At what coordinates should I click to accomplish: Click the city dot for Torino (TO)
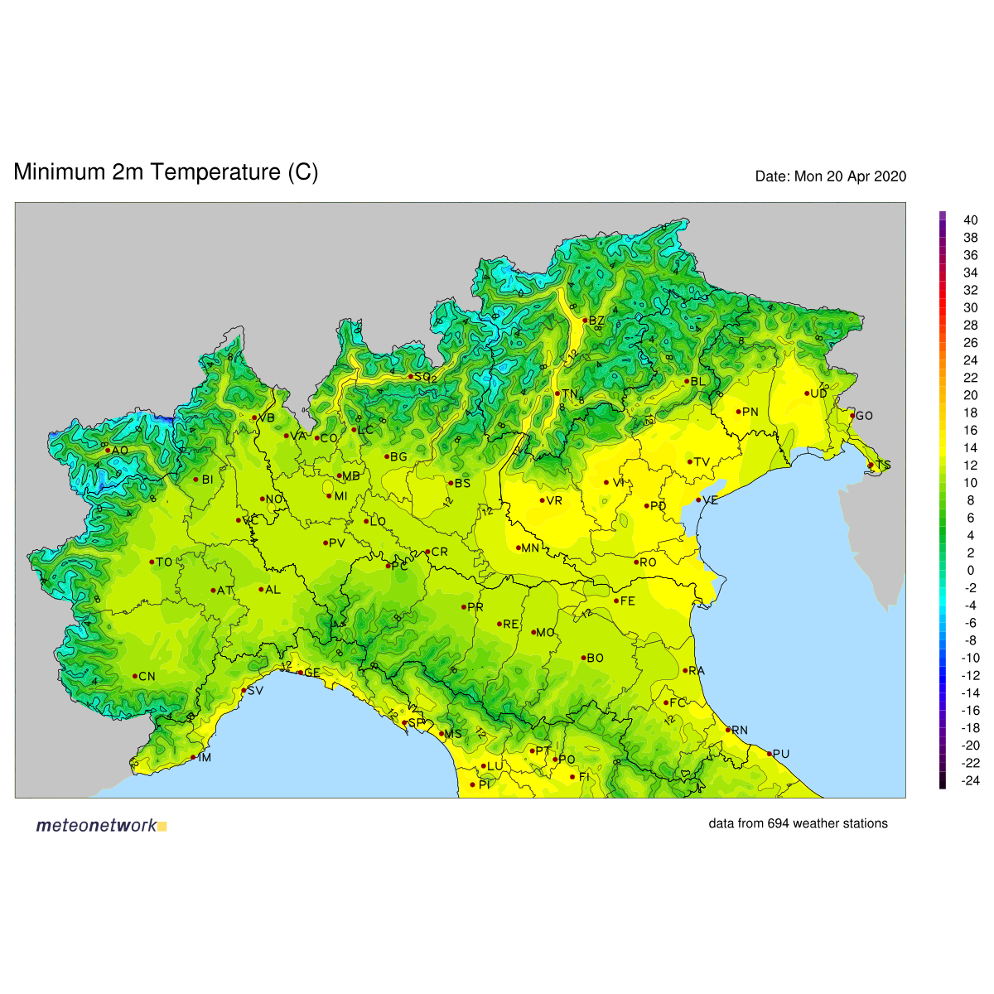tap(152, 562)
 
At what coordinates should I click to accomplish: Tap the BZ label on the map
tap(596, 321)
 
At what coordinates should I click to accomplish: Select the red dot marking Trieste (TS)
tap(870, 466)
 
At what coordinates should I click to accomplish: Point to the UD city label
tap(818, 393)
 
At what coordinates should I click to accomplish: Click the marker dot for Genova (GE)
tap(300, 673)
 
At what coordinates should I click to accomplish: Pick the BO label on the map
tap(595, 659)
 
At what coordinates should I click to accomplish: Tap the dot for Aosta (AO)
tap(108, 451)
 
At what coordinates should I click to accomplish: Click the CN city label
tap(147, 677)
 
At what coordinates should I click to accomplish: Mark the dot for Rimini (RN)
tap(728, 730)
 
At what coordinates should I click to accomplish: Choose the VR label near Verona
tap(554, 500)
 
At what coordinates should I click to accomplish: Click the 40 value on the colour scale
tap(970, 220)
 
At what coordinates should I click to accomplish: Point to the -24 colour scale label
tap(969, 780)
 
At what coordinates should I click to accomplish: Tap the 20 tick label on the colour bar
tap(970, 395)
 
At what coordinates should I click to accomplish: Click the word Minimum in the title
tap(60, 172)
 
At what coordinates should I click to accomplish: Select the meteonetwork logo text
tap(96, 825)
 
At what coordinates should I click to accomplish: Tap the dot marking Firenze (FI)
tap(572, 777)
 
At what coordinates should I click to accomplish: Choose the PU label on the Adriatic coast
tap(780, 754)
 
